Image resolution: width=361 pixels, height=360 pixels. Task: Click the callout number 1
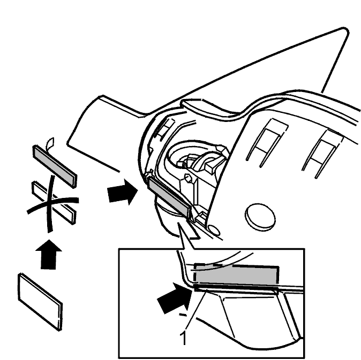[x=183, y=338]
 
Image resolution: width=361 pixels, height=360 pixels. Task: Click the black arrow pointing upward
[x=49, y=254]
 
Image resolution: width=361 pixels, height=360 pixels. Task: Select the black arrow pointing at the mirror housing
[x=123, y=192]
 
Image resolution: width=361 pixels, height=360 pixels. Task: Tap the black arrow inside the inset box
[x=176, y=298]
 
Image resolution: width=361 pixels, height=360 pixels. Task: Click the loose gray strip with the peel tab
[x=55, y=166]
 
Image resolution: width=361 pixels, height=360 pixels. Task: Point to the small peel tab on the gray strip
[x=50, y=143]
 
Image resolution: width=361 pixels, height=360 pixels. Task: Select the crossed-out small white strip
[x=54, y=202]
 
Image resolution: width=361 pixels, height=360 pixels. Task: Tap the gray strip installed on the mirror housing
[x=170, y=197]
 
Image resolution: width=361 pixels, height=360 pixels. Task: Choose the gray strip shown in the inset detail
[x=236, y=275]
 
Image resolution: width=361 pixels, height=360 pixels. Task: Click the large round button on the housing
[x=260, y=216]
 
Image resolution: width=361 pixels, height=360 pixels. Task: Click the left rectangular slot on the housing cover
[x=267, y=142]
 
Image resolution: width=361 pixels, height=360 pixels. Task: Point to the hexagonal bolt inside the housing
[x=188, y=178]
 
